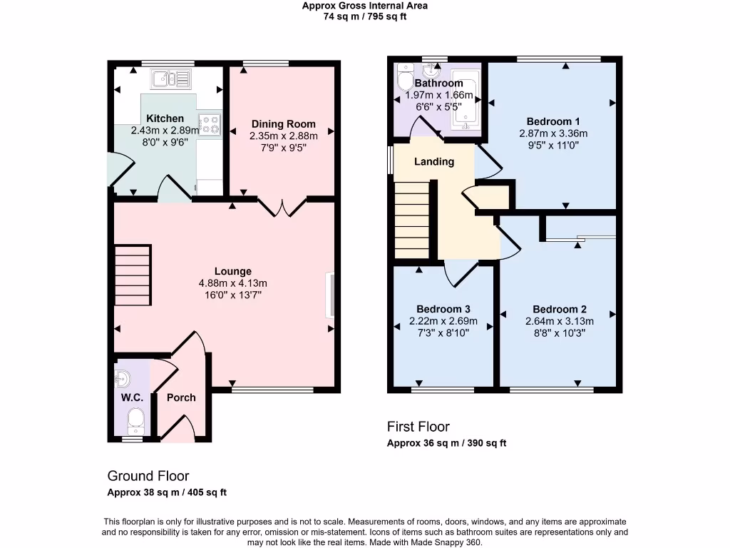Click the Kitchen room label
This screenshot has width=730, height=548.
165,118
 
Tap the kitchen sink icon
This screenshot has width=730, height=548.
170,78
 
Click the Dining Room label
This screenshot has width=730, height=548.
283,124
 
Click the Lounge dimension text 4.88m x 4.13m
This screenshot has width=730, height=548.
233,283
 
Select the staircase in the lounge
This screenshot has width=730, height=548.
133,274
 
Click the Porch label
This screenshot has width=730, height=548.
181,397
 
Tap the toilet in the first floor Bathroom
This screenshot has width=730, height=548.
404,76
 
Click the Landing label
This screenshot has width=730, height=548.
434,161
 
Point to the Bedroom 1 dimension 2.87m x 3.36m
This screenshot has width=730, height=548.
552,133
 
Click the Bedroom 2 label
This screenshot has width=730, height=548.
559,309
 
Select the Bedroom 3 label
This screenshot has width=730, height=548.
443,309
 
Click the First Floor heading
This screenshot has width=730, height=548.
418,427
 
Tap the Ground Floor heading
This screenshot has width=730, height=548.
148,476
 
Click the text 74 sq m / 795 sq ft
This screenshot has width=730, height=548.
365,16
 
